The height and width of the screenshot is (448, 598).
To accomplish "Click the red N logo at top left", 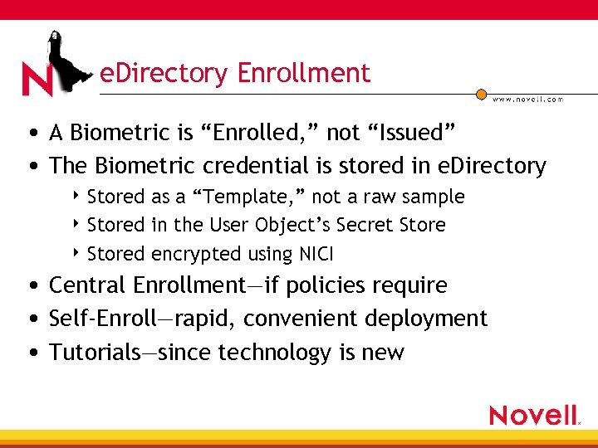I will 37,79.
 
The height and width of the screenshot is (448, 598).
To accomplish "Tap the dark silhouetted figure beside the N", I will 71,58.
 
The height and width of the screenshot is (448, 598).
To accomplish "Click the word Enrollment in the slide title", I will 304,74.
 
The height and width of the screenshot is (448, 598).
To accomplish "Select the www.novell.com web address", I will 528,99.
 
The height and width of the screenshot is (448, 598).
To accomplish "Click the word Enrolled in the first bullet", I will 265,132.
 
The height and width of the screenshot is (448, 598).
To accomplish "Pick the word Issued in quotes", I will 413,132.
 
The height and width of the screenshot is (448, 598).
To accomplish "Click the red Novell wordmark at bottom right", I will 533,414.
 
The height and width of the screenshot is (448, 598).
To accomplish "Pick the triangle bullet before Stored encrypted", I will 77,253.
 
